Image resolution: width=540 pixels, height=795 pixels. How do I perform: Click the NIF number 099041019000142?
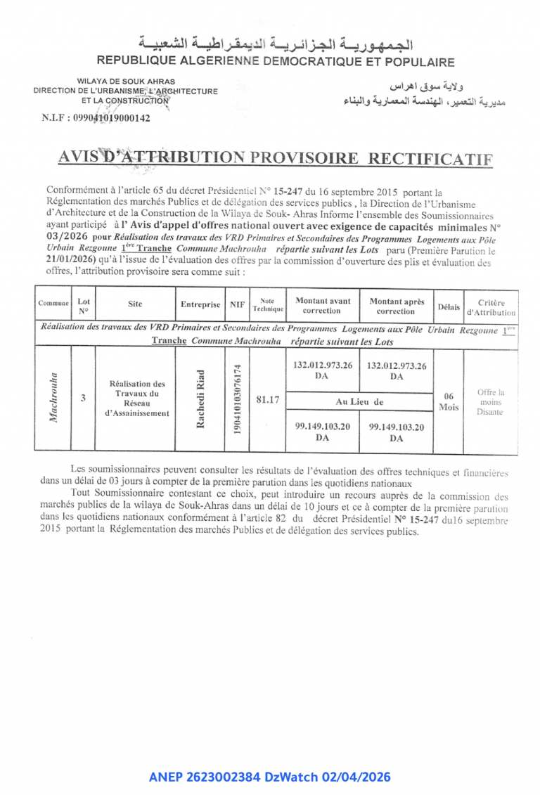[x=96, y=118]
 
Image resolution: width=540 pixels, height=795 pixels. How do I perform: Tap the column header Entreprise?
[x=200, y=305]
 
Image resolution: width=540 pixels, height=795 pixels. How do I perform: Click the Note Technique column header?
[x=268, y=305]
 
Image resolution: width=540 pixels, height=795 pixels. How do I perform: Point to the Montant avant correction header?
[x=323, y=305]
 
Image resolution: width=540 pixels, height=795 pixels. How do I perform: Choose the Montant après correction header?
[x=397, y=305]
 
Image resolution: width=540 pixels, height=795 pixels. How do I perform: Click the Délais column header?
[x=449, y=307]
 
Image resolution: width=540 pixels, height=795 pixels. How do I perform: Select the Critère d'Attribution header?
[x=491, y=307]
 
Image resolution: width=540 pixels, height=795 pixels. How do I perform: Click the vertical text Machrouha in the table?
[x=53, y=398]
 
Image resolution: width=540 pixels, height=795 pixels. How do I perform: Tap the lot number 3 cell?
[x=83, y=397]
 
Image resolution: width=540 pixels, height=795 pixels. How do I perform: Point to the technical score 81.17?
[x=268, y=399]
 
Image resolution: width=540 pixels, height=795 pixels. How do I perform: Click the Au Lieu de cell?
[x=359, y=401]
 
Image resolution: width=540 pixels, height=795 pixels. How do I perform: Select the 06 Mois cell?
[x=449, y=401]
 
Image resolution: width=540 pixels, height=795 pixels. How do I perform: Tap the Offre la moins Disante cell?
[x=491, y=401]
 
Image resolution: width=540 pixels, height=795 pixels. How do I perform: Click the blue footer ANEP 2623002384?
[x=270, y=777]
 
